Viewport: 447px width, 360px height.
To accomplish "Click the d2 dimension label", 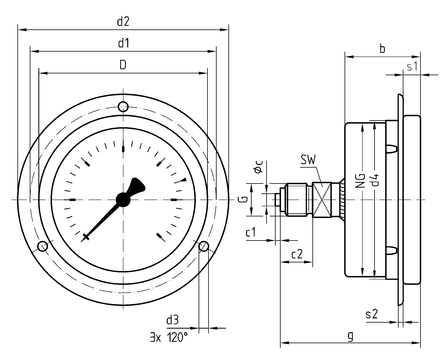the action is tap(123, 22).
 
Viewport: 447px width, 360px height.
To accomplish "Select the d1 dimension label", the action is tap(123, 43).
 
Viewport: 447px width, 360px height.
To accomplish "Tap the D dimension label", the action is tap(123, 65).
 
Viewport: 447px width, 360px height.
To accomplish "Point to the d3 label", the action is tap(172, 320).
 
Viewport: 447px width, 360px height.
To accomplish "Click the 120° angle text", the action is tap(177, 337).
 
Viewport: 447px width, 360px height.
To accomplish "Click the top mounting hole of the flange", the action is tap(123, 107).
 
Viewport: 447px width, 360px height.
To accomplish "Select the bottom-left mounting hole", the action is tap(43, 246).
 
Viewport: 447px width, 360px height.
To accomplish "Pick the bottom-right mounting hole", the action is tap(204, 246).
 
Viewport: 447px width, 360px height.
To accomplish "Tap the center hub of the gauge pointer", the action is tap(123, 199).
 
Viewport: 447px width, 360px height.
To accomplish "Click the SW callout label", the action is tap(308, 160).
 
